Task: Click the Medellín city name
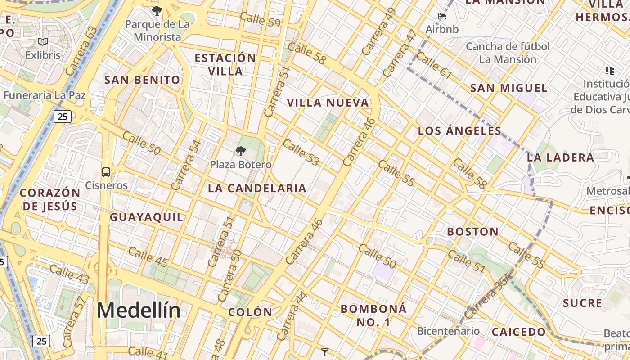coord(139,310)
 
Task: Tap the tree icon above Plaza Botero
coord(241,151)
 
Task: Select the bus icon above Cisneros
coord(106,172)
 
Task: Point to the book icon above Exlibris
coord(43,42)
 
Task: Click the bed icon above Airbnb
coord(442,17)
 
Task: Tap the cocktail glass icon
coord(324,352)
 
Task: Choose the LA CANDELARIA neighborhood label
coord(257,188)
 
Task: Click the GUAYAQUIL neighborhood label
coord(147,217)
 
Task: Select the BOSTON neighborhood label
coord(472,232)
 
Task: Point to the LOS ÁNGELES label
coord(459,131)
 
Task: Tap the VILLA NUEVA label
coord(328,103)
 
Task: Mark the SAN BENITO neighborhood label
coord(142,80)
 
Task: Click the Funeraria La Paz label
coord(45,95)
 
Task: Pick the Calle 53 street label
coord(301,153)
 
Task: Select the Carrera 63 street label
coord(81,51)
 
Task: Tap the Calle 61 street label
coord(434,66)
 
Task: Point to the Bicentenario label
coord(448,331)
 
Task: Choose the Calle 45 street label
coord(148,257)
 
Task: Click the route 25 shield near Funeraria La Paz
coord(63,117)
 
